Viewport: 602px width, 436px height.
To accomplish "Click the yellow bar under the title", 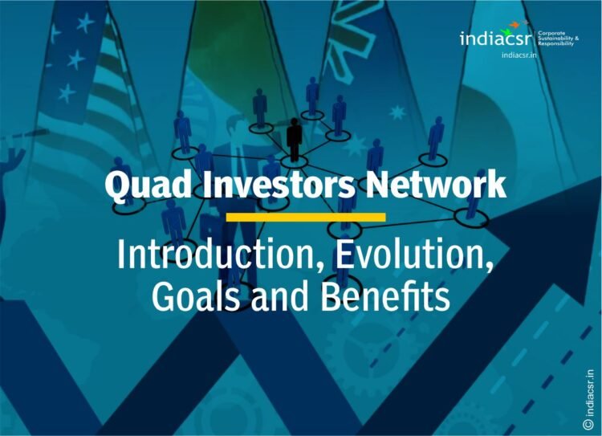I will tap(305, 217).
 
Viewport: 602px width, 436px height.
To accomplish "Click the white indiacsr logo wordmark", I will tap(492, 39).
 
